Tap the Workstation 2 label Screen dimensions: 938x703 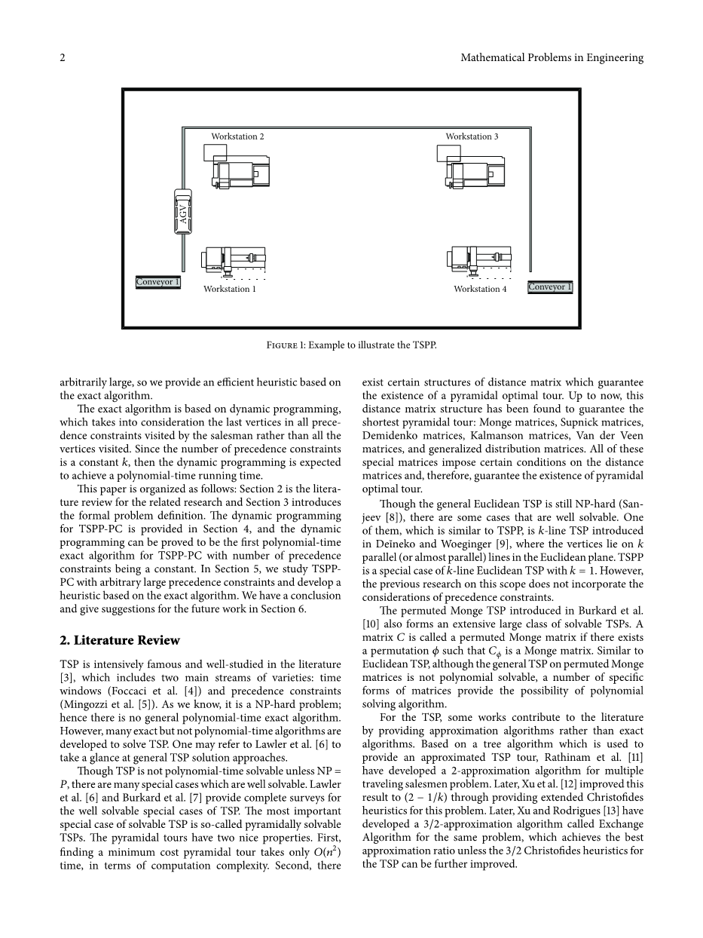point(237,136)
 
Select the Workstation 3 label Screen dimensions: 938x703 point(472,136)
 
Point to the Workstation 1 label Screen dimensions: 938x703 point(230,289)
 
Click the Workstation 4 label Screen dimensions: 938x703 point(480,289)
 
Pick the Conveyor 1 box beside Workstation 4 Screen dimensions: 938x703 point(550,287)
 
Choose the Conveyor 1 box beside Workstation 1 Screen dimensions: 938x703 point(158,282)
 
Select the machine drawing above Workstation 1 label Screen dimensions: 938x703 point(234,261)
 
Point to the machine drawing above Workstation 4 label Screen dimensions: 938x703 point(481,261)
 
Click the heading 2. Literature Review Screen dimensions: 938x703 point(120,640)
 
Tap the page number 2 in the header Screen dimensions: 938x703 point(63,57)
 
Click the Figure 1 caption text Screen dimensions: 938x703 point(352,345)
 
